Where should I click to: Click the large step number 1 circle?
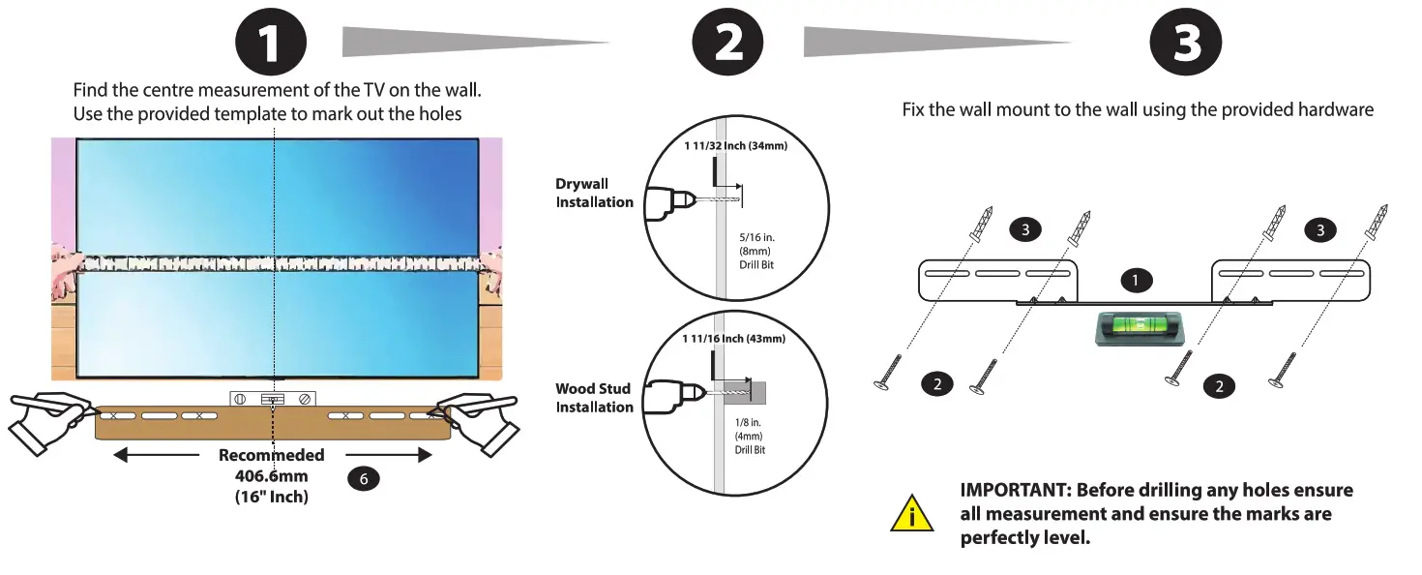pos(272,44)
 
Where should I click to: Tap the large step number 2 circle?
pos(728,44)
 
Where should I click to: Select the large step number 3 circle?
pos(1186,44)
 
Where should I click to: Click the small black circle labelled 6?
pos(363,477)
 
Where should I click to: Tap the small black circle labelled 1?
pos(1136,281)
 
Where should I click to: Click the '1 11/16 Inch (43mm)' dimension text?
pos(732,339)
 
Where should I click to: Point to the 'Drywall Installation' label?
pos(594,193)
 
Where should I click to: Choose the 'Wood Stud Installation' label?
pos(594,398)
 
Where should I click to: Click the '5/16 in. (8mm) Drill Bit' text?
pos(755,250)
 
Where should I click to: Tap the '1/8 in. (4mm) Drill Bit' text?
pos(750,437)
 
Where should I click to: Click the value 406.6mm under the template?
pos(271,475)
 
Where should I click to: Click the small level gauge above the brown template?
pos(274,398)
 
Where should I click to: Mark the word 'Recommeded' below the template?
pos(271,455)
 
